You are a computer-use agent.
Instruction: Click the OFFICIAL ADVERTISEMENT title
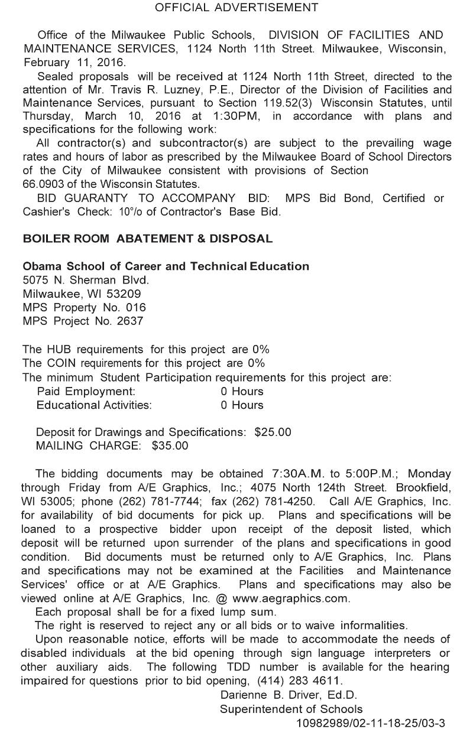coord(237,8)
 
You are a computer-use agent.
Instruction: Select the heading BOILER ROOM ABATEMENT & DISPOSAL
coord(148,239)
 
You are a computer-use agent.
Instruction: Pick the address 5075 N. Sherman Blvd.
coord(86,280)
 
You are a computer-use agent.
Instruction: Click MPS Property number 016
coord(135,308)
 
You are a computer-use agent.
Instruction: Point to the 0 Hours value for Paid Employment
coord(242,391)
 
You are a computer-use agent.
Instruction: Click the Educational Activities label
coord(94,405)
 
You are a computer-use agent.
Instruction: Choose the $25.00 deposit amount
coord(273,432)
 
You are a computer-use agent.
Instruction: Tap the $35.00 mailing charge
coord(170,446)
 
